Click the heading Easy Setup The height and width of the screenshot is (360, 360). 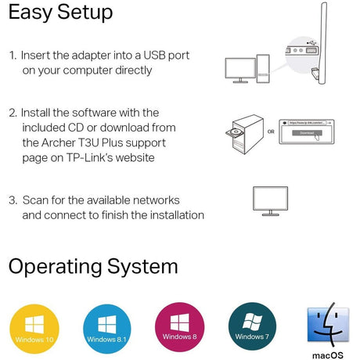coord(60,13)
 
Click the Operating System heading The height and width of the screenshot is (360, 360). coord(93,266)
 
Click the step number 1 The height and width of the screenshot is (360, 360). coord(12,56)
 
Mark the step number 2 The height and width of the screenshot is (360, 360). coord(13,113)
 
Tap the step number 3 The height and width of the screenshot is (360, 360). coord(13,200)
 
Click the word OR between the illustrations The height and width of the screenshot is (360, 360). coord(270,131)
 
